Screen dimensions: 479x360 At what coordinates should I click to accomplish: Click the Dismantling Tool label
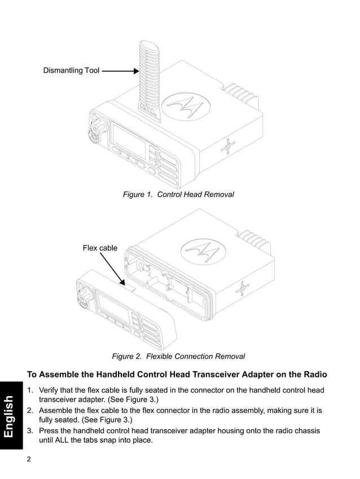coord(71,71)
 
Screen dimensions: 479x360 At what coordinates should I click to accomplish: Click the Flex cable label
coord(100,248)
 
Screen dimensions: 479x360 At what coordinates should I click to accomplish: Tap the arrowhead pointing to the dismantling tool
coord(135,71)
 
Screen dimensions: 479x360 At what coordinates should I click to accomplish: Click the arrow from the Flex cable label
coord(112,269)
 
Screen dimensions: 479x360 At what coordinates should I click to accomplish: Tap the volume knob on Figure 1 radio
coord(95,122)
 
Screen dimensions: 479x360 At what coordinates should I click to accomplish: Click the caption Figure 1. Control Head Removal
coord(178,195)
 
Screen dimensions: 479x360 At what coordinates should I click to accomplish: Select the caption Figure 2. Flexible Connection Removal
coord(178,357)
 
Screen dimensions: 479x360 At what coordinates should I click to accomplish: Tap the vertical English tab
coord(10,416)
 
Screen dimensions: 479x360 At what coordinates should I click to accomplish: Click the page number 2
coord(29,459)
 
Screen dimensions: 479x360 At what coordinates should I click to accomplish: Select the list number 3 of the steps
coord(30,430)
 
